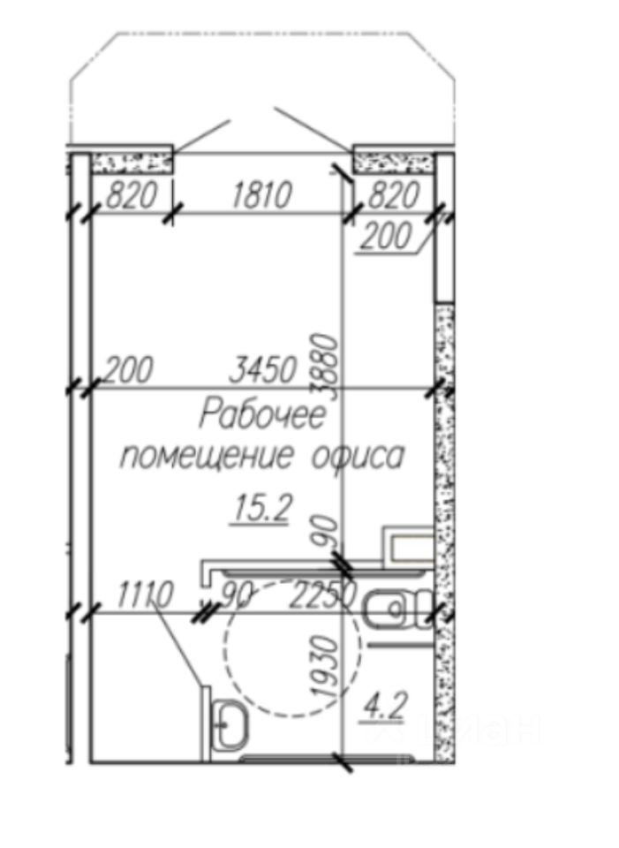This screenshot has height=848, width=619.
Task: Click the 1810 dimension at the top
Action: pos(260,195)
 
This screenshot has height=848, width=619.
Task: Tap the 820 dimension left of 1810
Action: pos(131,195)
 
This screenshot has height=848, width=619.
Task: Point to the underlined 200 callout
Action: pos(386,237)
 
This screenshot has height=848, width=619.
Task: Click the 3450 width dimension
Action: pos(262,370)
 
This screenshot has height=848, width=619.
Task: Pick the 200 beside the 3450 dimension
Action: pos(129,369)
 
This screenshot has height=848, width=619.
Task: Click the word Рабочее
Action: pos(262,414)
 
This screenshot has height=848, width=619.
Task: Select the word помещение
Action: pos(207,457)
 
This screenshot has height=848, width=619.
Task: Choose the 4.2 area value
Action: pos(385,706)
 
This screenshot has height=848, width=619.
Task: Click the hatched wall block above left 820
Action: pos(132,162)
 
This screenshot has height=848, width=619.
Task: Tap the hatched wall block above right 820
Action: pos(395,162)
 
